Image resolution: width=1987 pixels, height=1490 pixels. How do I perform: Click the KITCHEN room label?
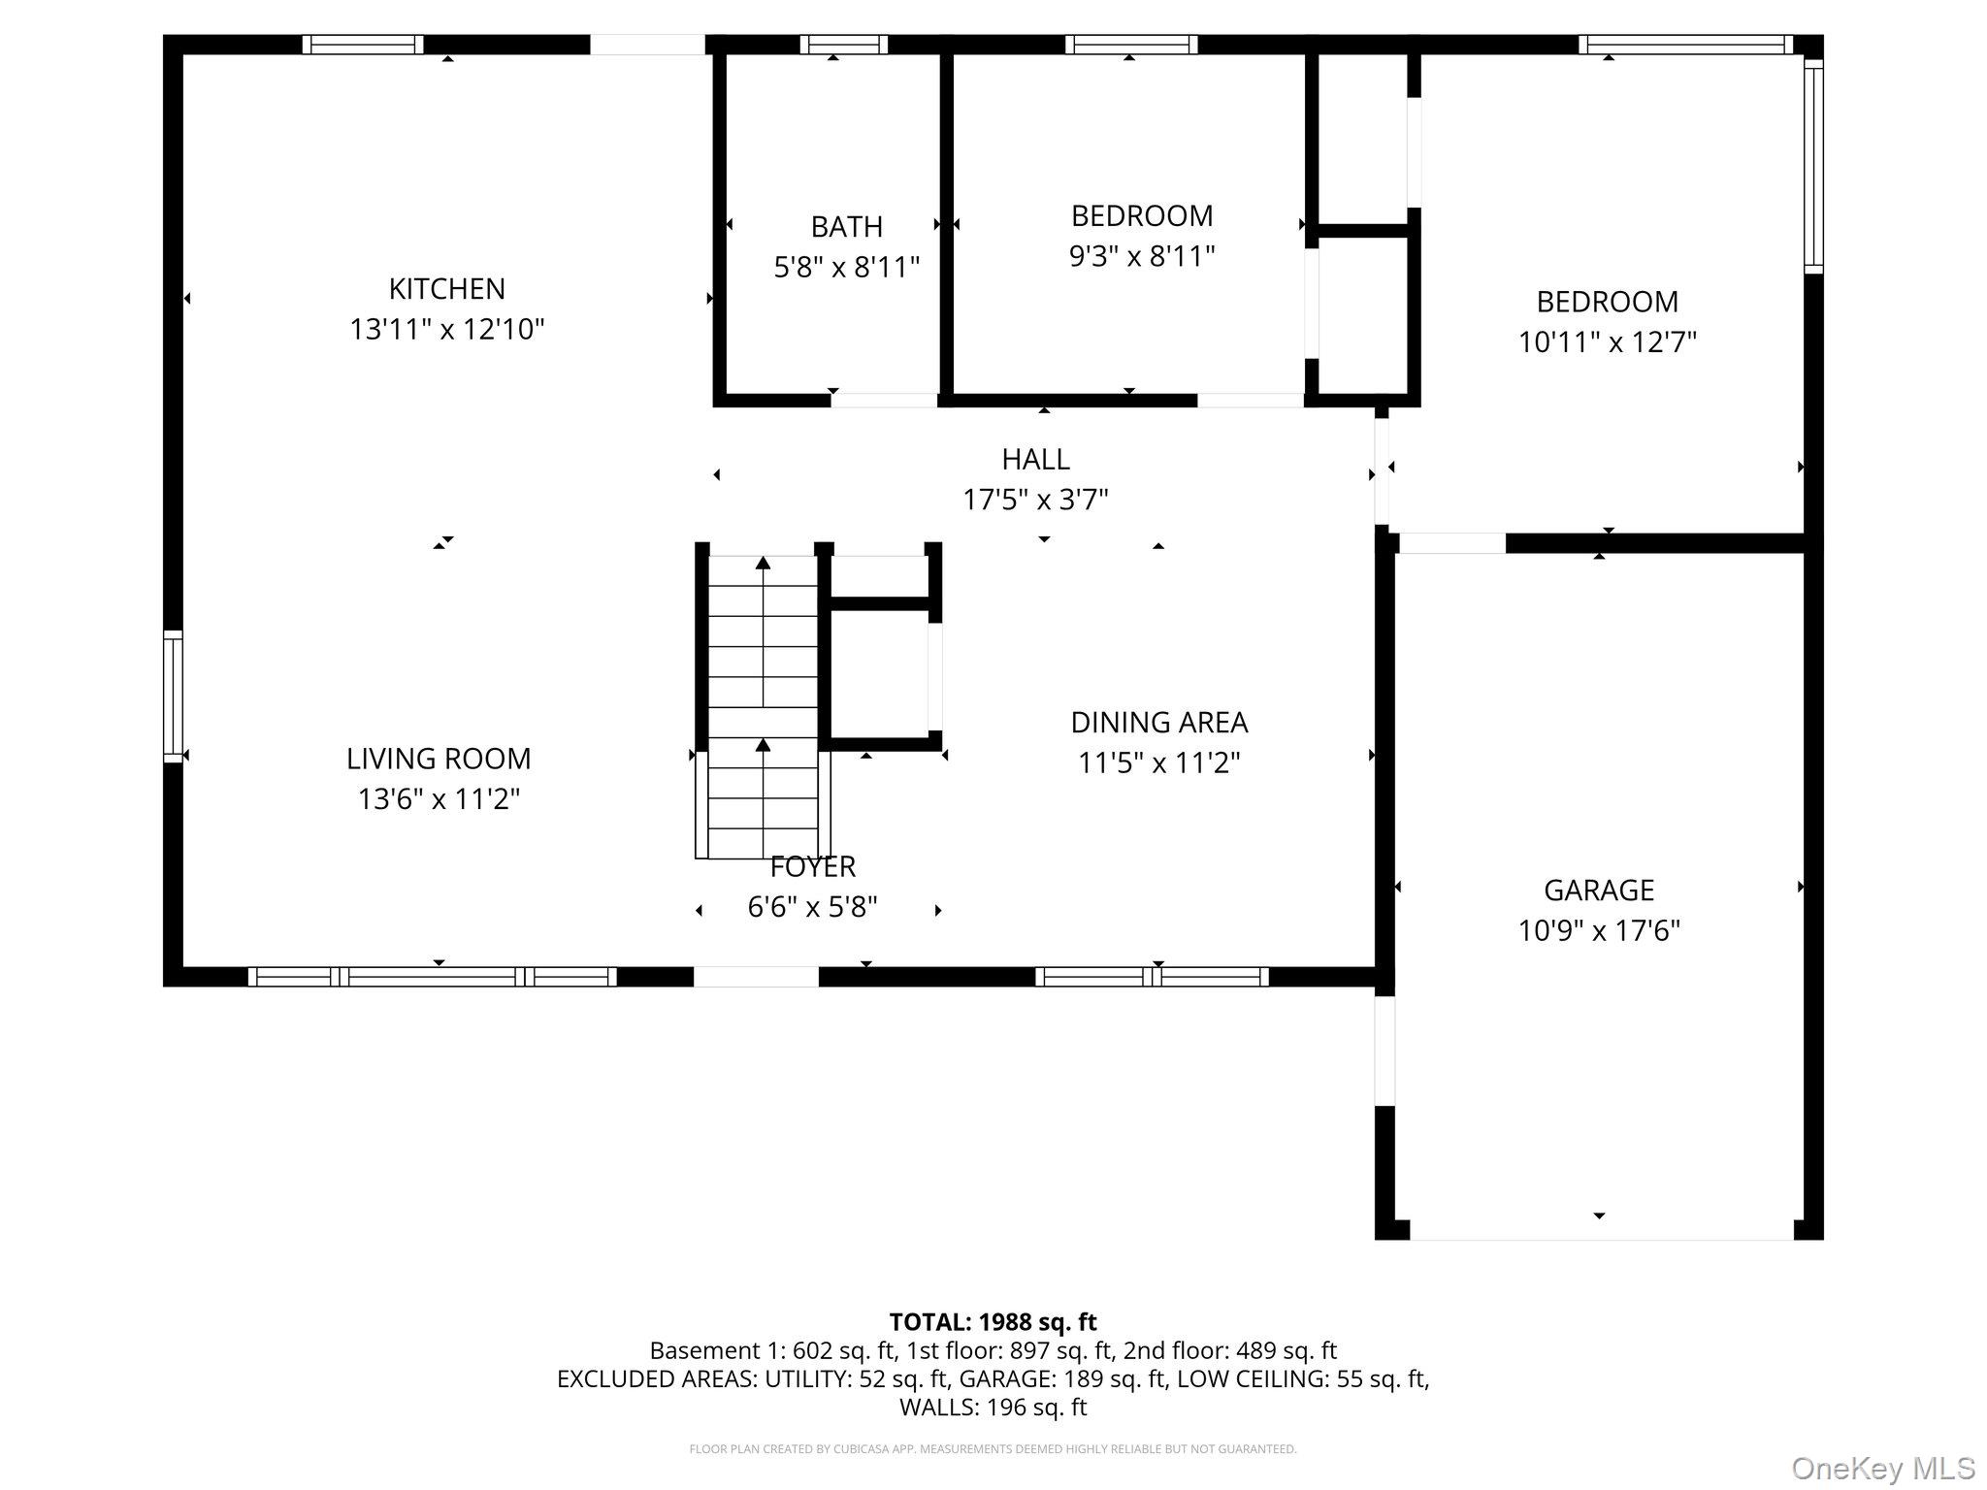click(446, 289)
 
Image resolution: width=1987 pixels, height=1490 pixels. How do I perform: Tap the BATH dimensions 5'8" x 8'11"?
click(846, 267)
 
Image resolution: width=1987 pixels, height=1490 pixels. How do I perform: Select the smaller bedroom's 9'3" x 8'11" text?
click(1142, 257)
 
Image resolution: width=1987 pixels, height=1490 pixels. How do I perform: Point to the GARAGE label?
click(1598, 890)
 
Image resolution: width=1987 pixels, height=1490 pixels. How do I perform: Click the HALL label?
click(1035, 459)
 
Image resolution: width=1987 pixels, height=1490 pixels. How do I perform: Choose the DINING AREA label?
click(1158, 723)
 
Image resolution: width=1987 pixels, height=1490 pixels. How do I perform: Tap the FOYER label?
click(812, 866)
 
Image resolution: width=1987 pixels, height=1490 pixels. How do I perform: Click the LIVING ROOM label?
click(439, 759)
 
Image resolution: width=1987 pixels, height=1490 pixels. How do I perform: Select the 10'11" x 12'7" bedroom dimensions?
click(1607, 342)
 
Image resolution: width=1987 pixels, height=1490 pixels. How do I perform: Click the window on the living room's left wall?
click(173, 696)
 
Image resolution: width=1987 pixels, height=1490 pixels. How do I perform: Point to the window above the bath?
click(843, 44)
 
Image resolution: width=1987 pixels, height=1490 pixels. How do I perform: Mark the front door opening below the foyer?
click(756, 977)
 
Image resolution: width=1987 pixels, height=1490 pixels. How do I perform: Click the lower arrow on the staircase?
click(764, 746)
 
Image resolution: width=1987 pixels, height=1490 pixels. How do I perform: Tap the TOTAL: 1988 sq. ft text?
click(993, 1322)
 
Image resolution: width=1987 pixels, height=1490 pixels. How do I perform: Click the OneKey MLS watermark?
click(1882, 1468)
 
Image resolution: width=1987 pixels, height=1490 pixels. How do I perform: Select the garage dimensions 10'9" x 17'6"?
click(1598, 931)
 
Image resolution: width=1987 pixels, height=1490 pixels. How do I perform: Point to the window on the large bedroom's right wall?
click(1813, 165)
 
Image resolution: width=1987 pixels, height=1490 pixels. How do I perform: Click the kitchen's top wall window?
click(363, 44)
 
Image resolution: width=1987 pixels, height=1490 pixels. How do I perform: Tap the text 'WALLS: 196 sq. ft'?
click(993, 1407)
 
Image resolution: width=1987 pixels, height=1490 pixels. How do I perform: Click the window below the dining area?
click(1152, 977)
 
